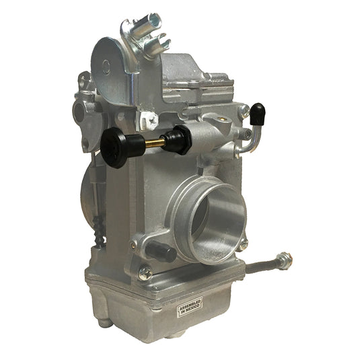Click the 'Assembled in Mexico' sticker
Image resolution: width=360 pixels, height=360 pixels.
[190, 306]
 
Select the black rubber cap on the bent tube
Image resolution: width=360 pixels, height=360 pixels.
[258, 113]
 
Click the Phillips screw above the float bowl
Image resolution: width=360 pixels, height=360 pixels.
[145, 273]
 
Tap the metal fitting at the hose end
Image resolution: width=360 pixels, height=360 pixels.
[284, 260]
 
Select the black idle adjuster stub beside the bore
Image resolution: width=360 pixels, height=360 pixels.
[162, 251]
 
